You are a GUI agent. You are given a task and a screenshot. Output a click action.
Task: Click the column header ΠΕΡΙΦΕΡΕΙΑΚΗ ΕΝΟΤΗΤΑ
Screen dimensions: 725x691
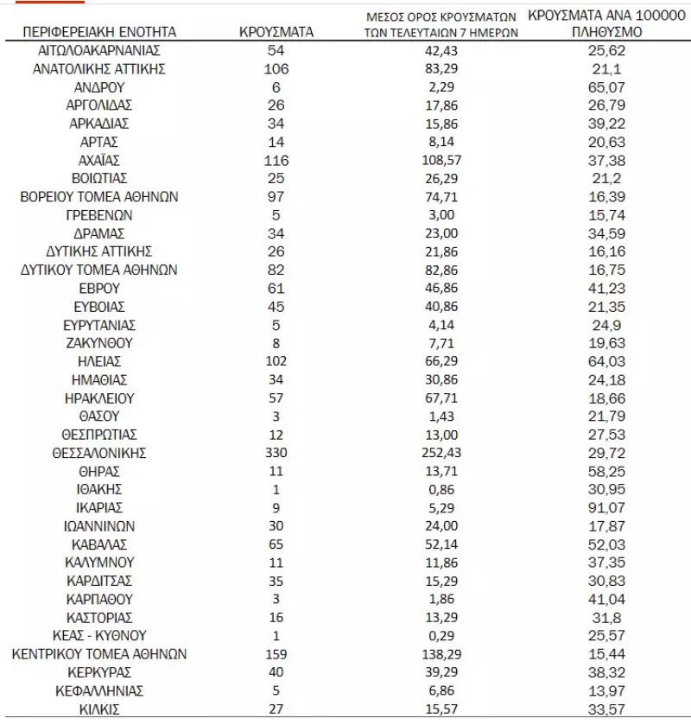[99, 32]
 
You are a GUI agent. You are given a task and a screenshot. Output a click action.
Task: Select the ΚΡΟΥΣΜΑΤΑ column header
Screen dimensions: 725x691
[276, 32]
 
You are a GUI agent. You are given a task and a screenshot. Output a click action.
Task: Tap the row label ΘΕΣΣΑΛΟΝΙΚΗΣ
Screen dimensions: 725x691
[99, 453]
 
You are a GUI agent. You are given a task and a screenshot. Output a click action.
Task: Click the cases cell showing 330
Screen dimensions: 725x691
[276, 453]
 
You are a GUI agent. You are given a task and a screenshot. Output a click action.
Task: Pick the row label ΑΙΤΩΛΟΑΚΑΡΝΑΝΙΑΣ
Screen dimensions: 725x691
[99, 50]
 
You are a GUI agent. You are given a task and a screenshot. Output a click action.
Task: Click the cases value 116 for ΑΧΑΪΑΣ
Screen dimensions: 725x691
[276, 160]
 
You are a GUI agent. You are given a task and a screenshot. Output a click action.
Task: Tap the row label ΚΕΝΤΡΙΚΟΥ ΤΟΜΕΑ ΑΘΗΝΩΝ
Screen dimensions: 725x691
[99, 654]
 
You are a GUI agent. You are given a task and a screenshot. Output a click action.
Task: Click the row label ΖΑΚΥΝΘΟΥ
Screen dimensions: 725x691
[99, 343]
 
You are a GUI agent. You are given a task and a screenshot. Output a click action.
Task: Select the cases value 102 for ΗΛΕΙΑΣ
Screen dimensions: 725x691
[276, 361]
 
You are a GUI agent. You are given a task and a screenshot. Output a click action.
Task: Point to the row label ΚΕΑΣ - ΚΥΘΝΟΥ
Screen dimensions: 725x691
[99, 636]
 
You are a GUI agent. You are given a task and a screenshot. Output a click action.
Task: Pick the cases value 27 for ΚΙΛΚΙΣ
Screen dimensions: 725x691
[276, 709]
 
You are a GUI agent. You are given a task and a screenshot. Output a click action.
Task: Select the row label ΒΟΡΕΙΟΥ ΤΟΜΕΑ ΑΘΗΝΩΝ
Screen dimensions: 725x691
[99, 197]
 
